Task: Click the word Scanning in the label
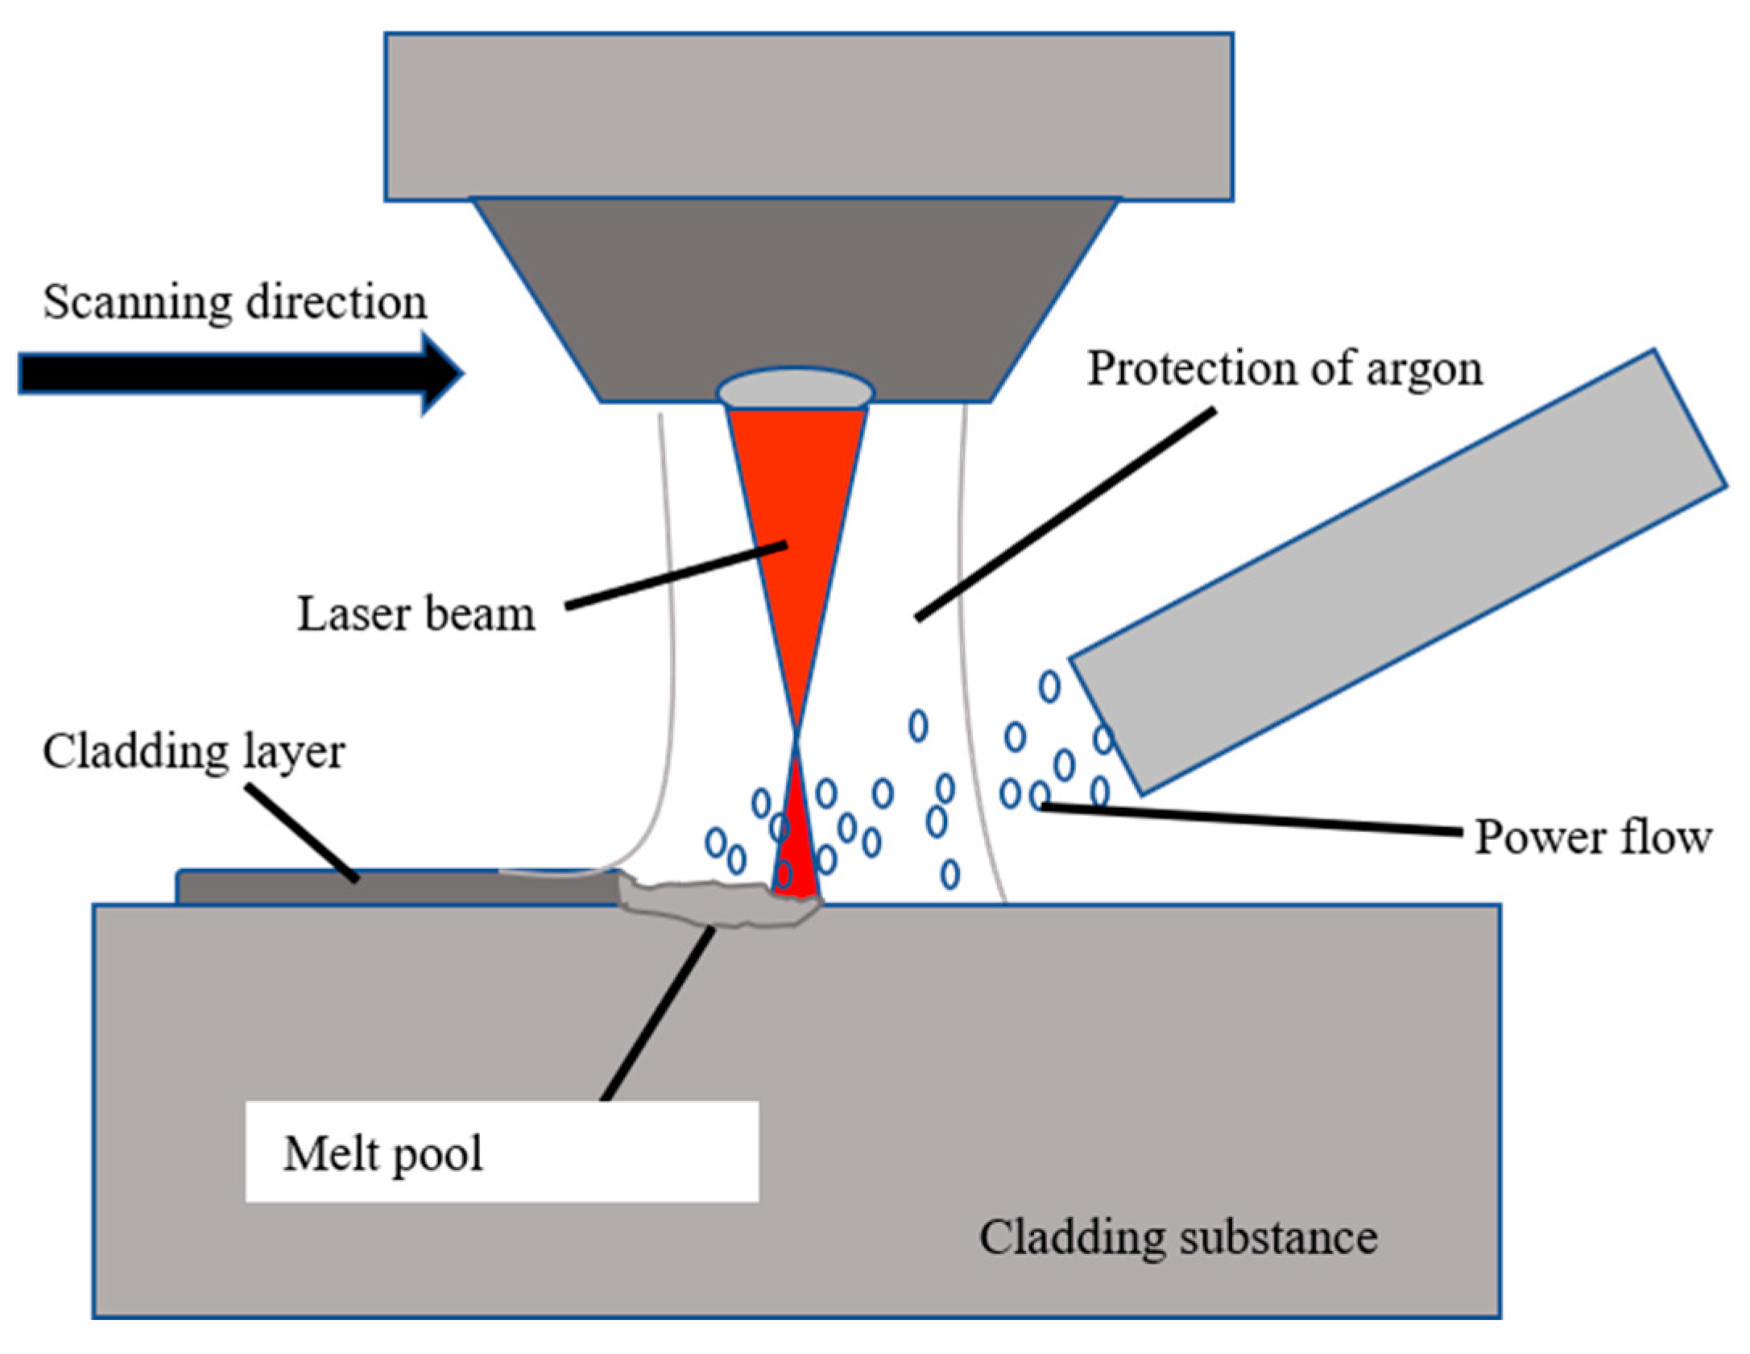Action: [137, 303]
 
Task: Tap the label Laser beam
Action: [416, 615]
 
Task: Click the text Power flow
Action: [1592, 838]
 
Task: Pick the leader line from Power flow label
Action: [1248, 819]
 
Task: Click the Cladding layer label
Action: [193, 752]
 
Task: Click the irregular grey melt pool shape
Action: [717, 905]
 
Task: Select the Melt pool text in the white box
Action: [383, 1154]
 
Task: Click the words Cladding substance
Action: [1177, 1238]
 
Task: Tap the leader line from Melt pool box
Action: [658, 1015]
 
